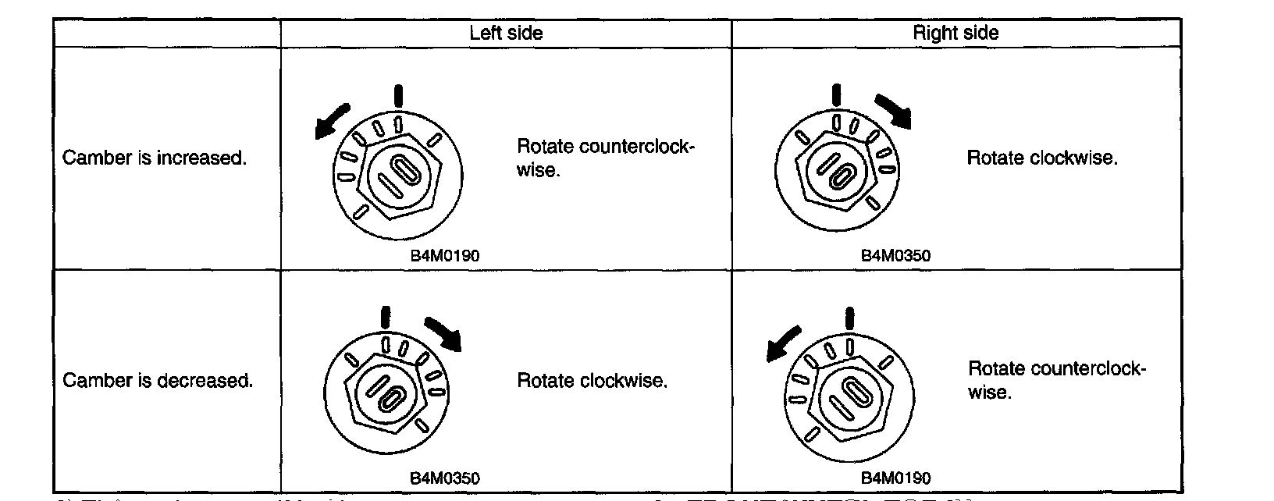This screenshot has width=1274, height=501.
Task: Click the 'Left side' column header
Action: pyautogui.click(x=506, y=33)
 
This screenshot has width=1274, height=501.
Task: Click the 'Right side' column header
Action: pyautogui.click(x=955, y=33)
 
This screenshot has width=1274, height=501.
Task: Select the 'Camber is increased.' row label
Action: pyautogui.click(x=155, y=158)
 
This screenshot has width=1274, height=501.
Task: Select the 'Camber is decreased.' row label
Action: pyautogui.click(x=158, y=381)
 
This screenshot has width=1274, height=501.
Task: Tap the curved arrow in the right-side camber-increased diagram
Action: pyautogui.click(x=894, y=110)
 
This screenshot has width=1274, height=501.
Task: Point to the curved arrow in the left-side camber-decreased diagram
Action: pyautogui.click(x=443, y=332)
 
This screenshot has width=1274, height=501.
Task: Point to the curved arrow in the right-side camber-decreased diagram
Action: pyautogui.click(x=783, y=343)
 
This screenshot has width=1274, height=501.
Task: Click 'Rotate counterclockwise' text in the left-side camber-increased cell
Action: pyautogui.click(x=605, y=158)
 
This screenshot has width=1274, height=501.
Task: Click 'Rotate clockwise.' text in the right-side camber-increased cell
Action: pyautogui.click(x=1042, y=158)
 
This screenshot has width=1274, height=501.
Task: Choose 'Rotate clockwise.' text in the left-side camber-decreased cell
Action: pyautogui.click(x=593, y=381)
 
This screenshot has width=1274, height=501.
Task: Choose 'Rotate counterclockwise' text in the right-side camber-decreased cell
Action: pyautogui.click(x=1056, y=379)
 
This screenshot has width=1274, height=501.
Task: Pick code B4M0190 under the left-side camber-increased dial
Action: pyautogui.click(x=445, y=255)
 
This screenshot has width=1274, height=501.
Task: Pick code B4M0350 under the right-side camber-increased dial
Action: pyautogui.click(x=895, y=255)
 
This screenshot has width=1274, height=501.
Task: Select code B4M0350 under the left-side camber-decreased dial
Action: pyautogui.click(x=445, y=478)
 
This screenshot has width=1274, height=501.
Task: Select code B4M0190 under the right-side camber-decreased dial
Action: pyautogui.click(x=895, y=478)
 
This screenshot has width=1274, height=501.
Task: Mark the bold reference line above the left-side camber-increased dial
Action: pyautogui.click(x=399, y=95)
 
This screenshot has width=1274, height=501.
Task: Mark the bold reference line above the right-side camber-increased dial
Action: pyautogui.click(x=835, y=94)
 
